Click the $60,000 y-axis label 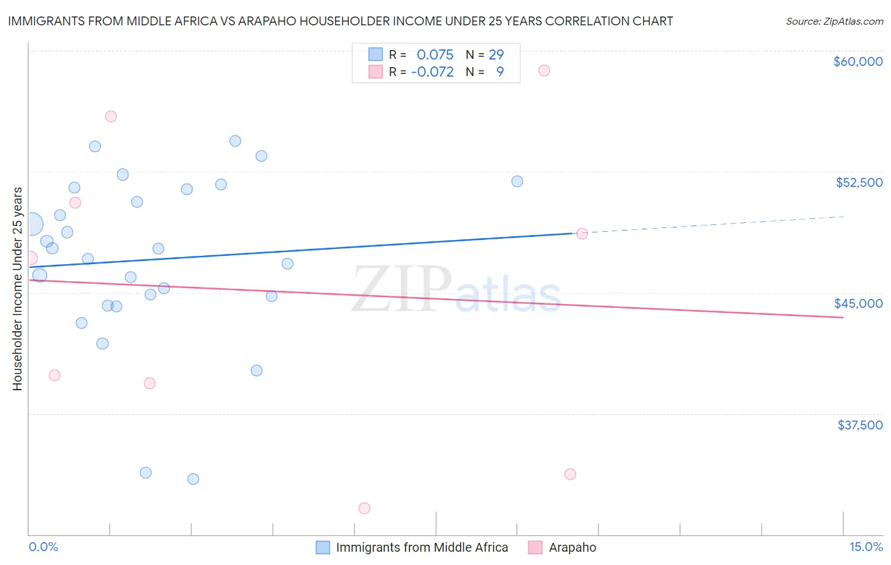(x=857, y=61)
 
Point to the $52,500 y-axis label (x=859, y=182)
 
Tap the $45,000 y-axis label (x=858, y=303)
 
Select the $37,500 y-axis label (x=860, y=425)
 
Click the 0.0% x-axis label (x=43, y=547)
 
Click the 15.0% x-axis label (x=866, y=547)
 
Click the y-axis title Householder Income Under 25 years (x=17, y=288)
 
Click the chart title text (x=340, y=21)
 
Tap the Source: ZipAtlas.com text (x=834, y=21)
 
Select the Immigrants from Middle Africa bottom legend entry (x=421, y=547)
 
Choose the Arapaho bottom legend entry (x=572, y=547)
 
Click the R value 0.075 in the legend (x=435, y=55)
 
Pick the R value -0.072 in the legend (x=432, y=72)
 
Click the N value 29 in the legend (x=496, y=55)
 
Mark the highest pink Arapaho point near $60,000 (x=544, y=70)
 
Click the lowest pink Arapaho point (x=364, y=508)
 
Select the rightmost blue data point (x=517, y=181)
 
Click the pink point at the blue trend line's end (x=582, y=233)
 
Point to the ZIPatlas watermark (x=456, y=289)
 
